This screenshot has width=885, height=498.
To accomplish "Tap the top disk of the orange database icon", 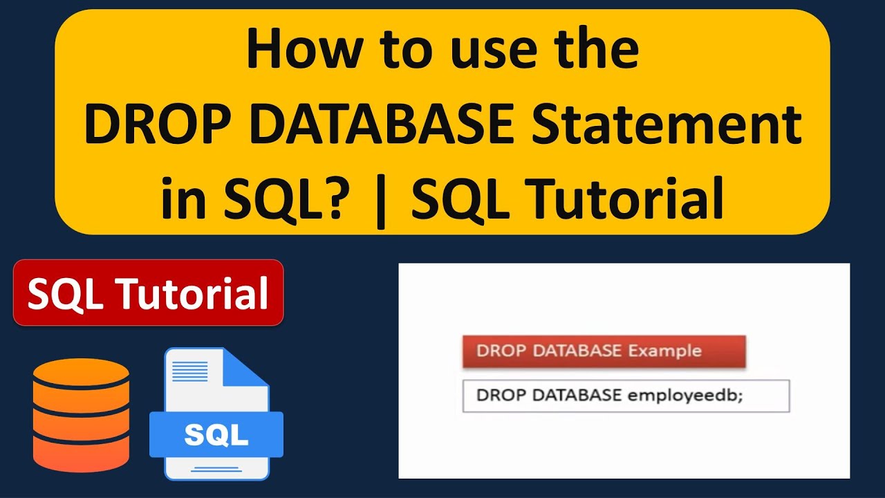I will pos(81,378).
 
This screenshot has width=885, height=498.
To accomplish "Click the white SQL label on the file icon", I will pos(216,434).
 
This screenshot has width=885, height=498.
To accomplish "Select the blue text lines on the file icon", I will pos(189,371).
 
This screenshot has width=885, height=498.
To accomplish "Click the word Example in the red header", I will pos(664,351).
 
